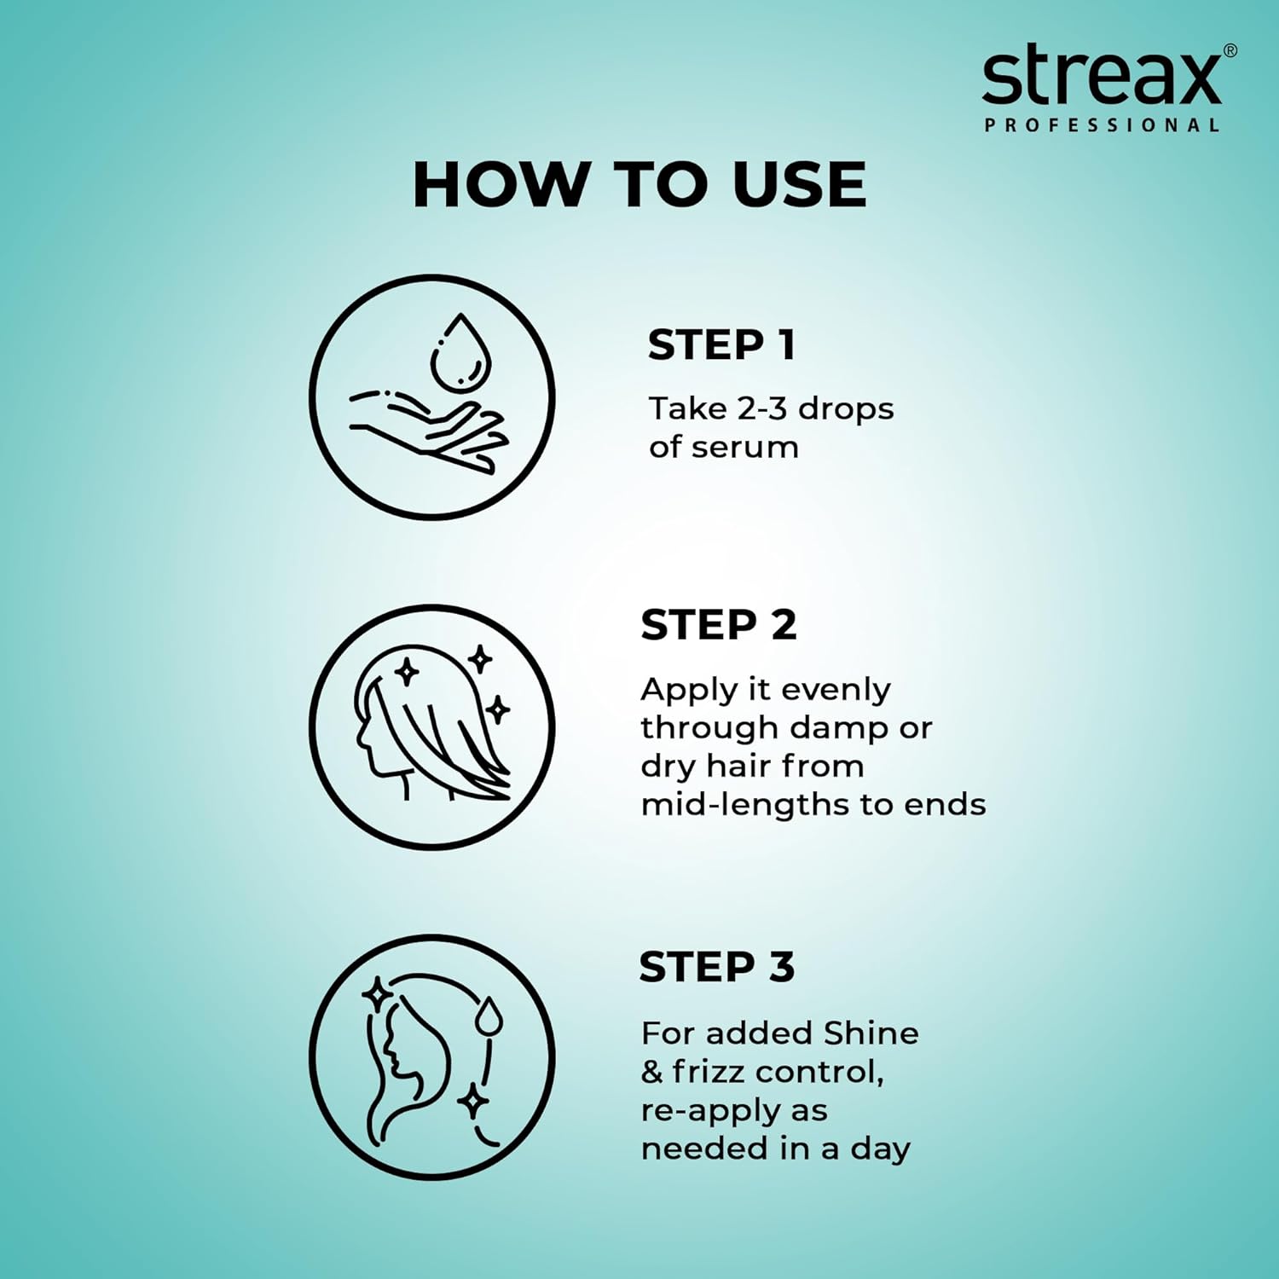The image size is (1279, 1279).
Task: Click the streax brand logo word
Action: [1101, 78]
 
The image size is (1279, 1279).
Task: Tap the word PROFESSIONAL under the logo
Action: [1102, 125]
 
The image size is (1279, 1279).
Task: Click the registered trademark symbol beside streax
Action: [1230, 50]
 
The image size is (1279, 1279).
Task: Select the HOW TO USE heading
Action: [639, 184]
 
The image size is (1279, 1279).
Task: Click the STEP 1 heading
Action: [721, 345]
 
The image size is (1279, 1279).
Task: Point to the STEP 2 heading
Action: [718, 625]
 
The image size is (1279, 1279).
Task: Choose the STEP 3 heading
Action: [716, 967]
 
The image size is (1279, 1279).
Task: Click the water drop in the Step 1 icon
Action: [460, 351]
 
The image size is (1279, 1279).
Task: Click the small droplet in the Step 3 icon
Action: [489, 1016]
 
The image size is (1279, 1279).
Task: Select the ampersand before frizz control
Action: [651, 1072]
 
